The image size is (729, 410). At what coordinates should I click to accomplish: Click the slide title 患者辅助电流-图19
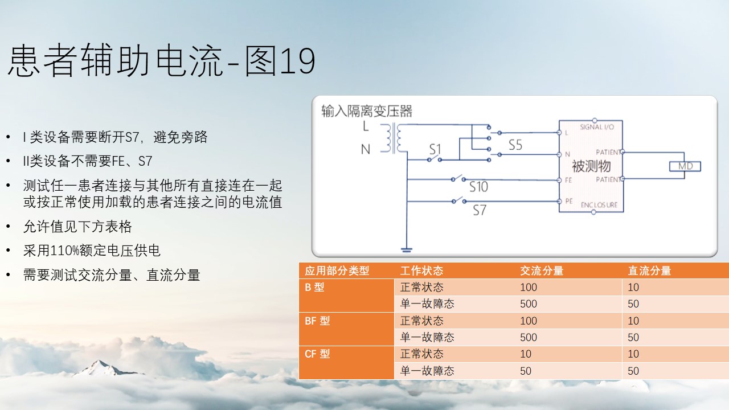pyautogui.click(x=162, y=61)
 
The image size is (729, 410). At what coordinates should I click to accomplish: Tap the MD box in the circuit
pyautogui.click(x=685, y=166)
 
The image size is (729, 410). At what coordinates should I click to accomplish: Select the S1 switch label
pyautogui.click(x=435, y=149)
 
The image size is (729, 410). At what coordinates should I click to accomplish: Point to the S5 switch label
pyautogui.click(x=515, y=145)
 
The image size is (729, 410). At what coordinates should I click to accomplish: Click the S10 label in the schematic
pyautogui.click(x=478, y=187)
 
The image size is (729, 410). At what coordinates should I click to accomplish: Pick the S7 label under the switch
pyautogui.click(x=480, y=210)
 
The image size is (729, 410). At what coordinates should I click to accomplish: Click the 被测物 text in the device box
pyautogui.click(x=591, y=166)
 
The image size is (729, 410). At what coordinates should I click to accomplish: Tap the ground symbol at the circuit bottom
pyautogui.click(x=407, y=250)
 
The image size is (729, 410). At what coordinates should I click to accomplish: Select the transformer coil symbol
pyautogui.click(x=394, y=138)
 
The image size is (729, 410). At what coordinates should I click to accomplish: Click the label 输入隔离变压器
pyautogui.click(x=367, y=111)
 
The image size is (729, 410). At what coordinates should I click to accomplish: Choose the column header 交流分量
pyautogui.click(x=542, y=270)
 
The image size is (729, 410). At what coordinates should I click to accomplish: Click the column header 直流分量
pyautogui.click(x=649, y=270)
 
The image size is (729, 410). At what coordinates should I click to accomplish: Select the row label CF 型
pyautogui.click(x=317, y=354)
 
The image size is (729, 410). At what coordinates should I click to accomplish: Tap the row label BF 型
pyautogui.click(x=317, y=321)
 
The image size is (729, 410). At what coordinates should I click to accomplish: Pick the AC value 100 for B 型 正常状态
pyautogui.click(x=529, y=288)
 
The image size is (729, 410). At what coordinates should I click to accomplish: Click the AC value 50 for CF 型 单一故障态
pyautogui.click(x=526, y=371)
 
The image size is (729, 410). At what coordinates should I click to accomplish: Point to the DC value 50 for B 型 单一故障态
pyautogui.click(x=633, y=304)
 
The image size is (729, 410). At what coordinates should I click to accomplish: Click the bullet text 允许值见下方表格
pyautogui.click(x=77, y=227)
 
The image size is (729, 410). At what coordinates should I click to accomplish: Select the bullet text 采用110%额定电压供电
pyautogui.click(x=92, y=251)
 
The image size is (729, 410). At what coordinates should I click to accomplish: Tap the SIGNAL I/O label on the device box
pyautogui.click(x=597, y=127)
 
